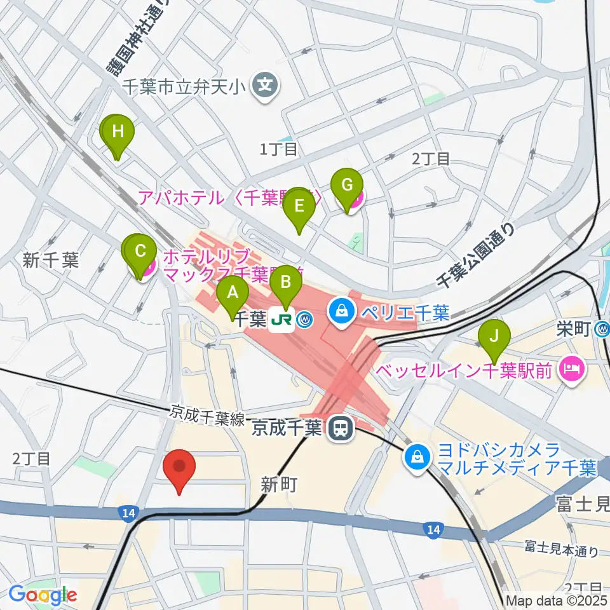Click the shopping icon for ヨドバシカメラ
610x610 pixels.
(x=418, y=456)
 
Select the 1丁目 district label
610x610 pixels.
(x=279, y=149)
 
